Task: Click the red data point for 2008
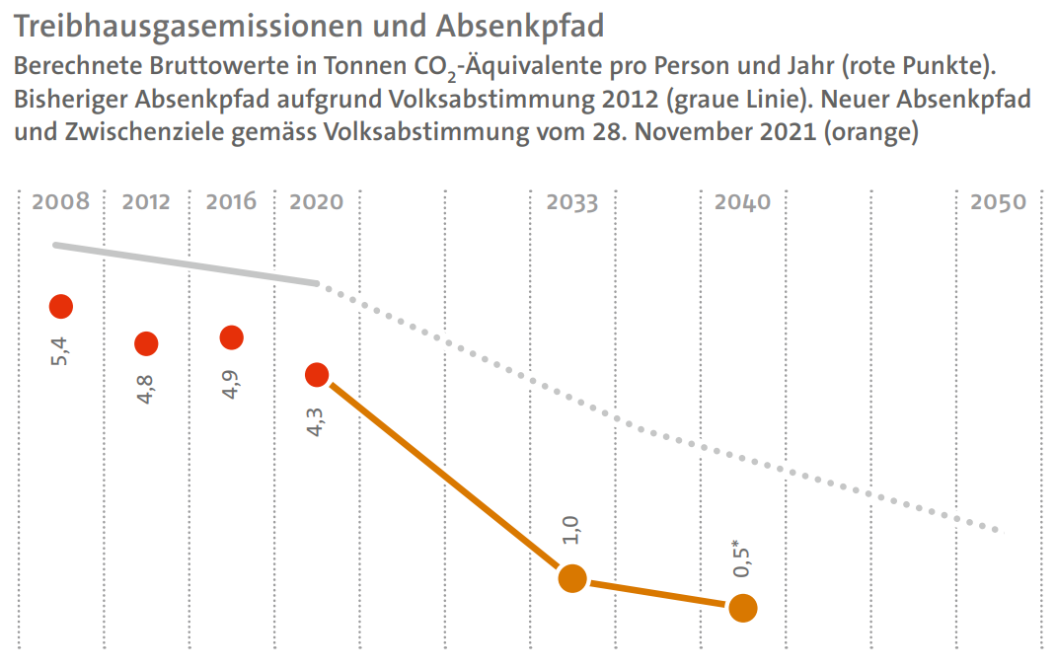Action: coord(61,307)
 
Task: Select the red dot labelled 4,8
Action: coord(146,343)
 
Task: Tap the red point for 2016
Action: coord(232,337)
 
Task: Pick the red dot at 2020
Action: coord(317,374)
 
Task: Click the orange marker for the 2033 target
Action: coord(572,578)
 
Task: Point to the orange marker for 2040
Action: coord(743,608)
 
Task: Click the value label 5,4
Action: coord(61,350)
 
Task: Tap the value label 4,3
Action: coord(317,418)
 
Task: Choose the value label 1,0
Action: coord(572,530)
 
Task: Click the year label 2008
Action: coord(61,202)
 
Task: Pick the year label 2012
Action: coord(146,202)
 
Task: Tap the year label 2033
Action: coord(572,202)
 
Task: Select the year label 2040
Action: coord(743,202)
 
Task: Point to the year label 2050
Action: coord(999,202)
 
